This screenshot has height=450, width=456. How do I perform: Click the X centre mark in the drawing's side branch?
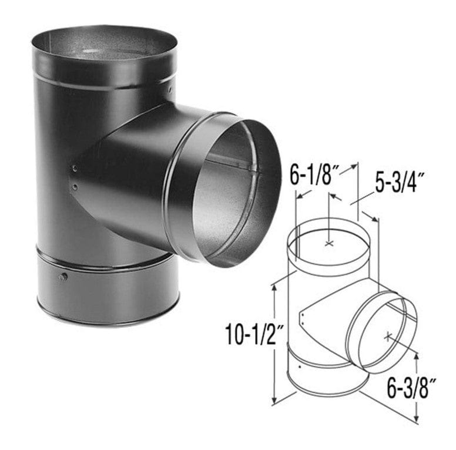(x=388, y=337)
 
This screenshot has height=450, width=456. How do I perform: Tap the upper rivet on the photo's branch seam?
(x=75, y=168)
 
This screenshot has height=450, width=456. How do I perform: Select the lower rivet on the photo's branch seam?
(x=75, y=187)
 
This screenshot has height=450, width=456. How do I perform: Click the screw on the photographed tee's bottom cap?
(x=63, y=277)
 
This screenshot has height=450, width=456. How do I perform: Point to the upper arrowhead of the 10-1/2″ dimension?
(x=274, y=288)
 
